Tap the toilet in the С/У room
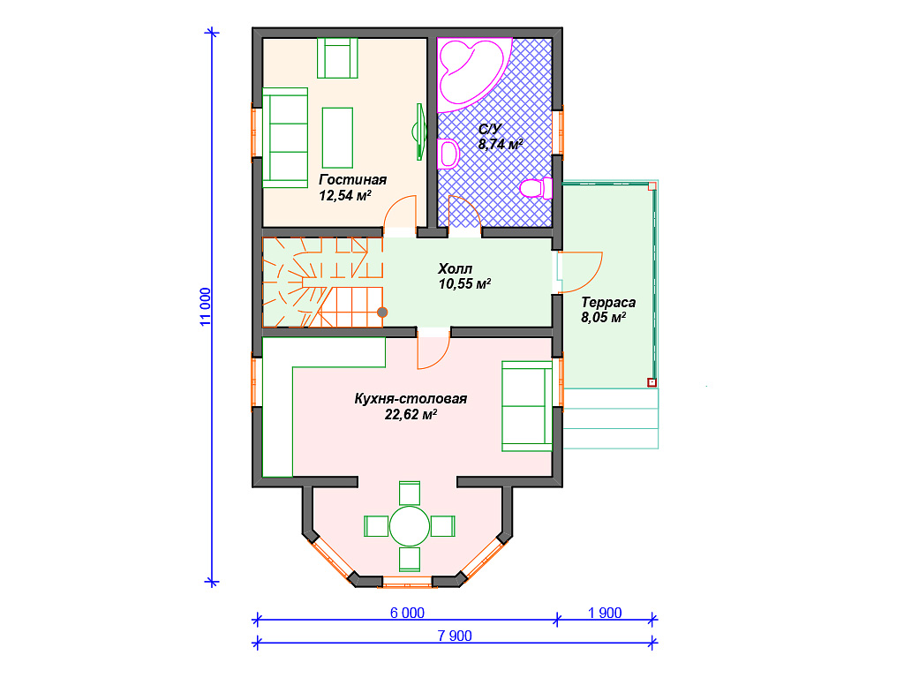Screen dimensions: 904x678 click(x=536, y=188)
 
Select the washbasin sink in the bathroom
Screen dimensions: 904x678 click(x=448, y=154)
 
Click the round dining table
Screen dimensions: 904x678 click(x=410, y=526)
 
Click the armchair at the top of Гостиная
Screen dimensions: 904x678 click(x=337, y=57)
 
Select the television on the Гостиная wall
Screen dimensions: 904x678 click(x=420, y=132)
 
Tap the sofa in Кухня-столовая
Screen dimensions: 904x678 click(x=527, y=406)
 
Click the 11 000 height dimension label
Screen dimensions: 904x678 click(x=206, y=306)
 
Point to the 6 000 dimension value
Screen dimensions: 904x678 click(x=407, y=613)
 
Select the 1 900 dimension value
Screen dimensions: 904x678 click(x=605, y=613)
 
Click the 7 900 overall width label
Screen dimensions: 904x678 click(x=455, y=636)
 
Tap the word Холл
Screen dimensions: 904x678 click(x=455, y=268)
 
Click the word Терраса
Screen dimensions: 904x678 click(x=608, y=302)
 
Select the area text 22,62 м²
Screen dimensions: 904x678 click(x=411, y=414)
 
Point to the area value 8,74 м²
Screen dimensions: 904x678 click(x=501, y=144)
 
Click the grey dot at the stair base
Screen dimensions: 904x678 click(x=382, y=313)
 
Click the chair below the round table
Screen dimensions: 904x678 click(x=410, y=559)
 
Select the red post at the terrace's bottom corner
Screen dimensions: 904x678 click(x=652, y=382)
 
